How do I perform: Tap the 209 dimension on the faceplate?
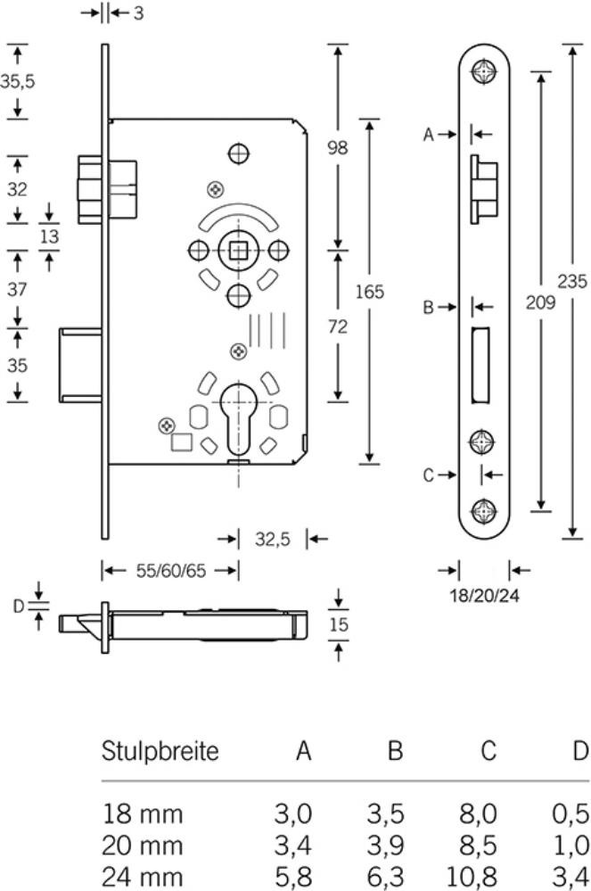click(541, 301)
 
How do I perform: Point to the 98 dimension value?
click(337, 147)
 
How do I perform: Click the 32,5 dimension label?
click(272, 539)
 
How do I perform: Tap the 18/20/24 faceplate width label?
click(484, 596)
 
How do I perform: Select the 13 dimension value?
click(50, 236)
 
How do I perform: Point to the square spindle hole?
click(238, 248)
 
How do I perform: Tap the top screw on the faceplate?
click(484, 71)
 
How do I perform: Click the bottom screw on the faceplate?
click(484, 511)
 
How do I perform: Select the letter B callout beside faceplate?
click(428, 307)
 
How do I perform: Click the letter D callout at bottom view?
click(18, 606)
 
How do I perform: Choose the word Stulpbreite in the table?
click(160, 751)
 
